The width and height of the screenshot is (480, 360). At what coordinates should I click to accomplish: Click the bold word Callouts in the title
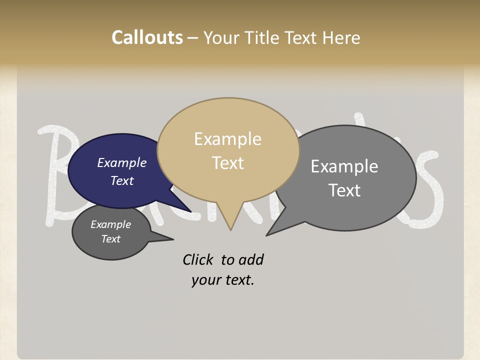pos(147,38)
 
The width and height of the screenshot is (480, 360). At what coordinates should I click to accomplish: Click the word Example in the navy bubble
pos(121,163)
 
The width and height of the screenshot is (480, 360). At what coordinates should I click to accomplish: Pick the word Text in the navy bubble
pos(121,180)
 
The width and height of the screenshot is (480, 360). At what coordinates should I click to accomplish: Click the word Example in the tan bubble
pos(227,139)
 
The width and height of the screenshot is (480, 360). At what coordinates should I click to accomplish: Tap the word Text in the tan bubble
pos(227,163)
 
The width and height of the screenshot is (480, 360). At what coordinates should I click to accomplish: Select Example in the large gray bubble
pos(344,166)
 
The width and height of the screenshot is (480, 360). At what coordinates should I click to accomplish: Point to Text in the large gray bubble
pos(344,190)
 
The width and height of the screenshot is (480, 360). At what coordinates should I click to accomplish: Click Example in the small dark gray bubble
pos(110,224)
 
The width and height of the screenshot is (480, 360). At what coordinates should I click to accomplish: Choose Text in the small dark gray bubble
pos(110,239)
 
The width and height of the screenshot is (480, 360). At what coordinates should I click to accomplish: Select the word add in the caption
pos(251,260)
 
